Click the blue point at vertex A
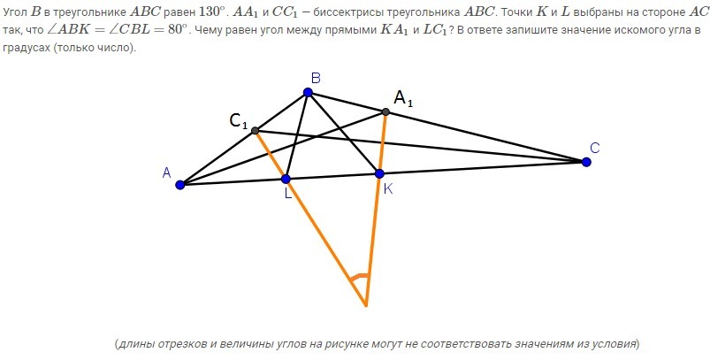click(180, 185)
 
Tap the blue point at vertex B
click(308, 92)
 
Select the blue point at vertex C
click(585, 161)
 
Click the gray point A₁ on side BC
click(386, 111)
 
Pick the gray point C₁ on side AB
click(256, 131)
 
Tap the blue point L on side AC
click(286, 179)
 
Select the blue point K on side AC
click(379, 173)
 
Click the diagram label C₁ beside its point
click(239, 123)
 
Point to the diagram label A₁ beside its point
click(403, 99)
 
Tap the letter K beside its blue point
click(387, 188)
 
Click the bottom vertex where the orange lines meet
click(365, 306)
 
